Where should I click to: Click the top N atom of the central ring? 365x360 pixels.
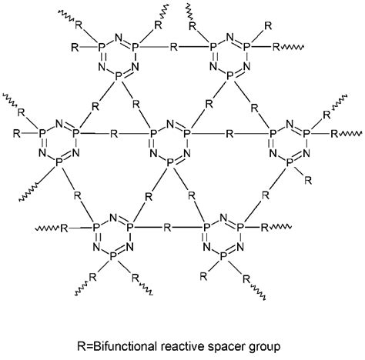click(172, 124)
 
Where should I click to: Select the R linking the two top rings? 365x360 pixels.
click(173, 47)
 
